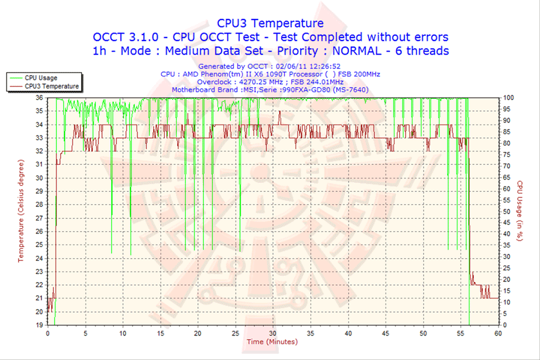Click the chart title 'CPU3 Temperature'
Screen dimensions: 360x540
coord(269,22)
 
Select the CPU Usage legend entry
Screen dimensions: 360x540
coord(40,77)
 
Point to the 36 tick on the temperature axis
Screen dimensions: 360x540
coord(39,98)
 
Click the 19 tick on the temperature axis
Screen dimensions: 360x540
coord(39,325)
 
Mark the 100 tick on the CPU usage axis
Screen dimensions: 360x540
coord(508,98)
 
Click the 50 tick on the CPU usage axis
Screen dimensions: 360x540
coord(507,211)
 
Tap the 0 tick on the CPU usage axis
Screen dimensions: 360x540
coord(505,325)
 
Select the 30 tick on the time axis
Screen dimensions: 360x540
coord(272,333)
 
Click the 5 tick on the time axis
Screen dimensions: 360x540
coord(85,333)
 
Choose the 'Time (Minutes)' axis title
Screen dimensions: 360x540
coord(271,342)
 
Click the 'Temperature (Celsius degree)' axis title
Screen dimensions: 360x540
coord(22,211)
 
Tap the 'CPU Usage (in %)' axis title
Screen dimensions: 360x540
coord(518,211)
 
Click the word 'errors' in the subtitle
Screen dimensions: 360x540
coord(427,37)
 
